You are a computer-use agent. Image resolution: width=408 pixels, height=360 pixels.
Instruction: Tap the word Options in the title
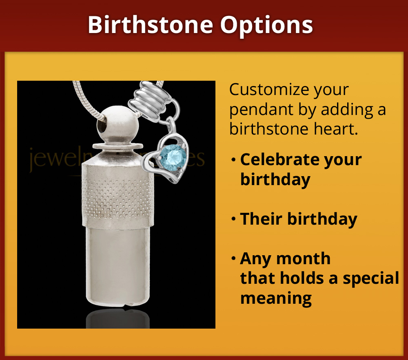[267, 25]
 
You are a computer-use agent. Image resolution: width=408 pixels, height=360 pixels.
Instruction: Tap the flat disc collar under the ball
[118, 146]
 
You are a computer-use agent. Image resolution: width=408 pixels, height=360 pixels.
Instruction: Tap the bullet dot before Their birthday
[233, 219]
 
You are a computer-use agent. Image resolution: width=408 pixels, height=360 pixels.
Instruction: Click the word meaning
[276, 298]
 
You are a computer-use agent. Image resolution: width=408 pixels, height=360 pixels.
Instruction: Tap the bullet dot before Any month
[233, 258]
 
